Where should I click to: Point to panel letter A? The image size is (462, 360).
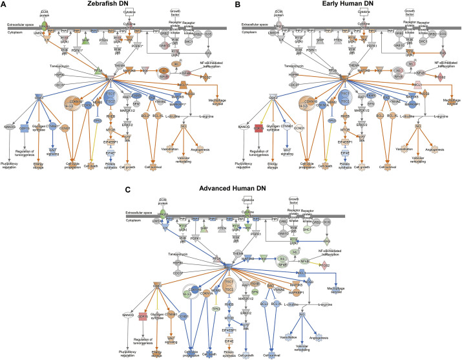(x=4, y=5)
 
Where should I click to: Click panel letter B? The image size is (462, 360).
(x=237, y=5)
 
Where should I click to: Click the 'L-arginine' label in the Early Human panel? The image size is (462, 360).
(x=430, y=115)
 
